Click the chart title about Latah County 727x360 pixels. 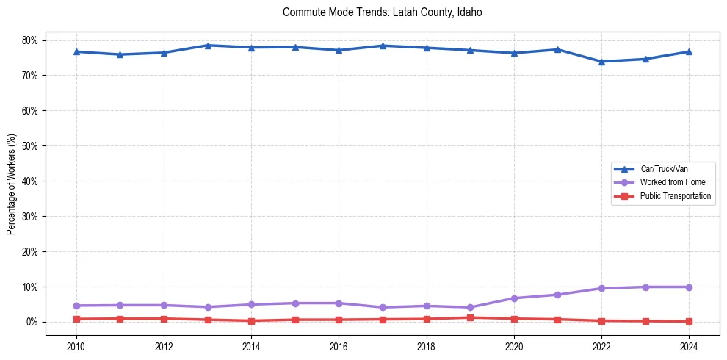[382, 12]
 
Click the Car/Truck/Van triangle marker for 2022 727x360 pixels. [601, 62]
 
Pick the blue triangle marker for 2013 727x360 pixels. [208, 46]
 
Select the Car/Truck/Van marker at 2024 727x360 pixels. [689, 51]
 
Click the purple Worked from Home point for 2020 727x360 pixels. [514, 298]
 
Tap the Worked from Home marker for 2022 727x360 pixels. [601, 288]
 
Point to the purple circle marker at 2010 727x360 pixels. [76, 306]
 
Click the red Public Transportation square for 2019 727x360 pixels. [470, 317]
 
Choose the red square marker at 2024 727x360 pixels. [689, 321]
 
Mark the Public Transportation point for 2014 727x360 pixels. [251, 321]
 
